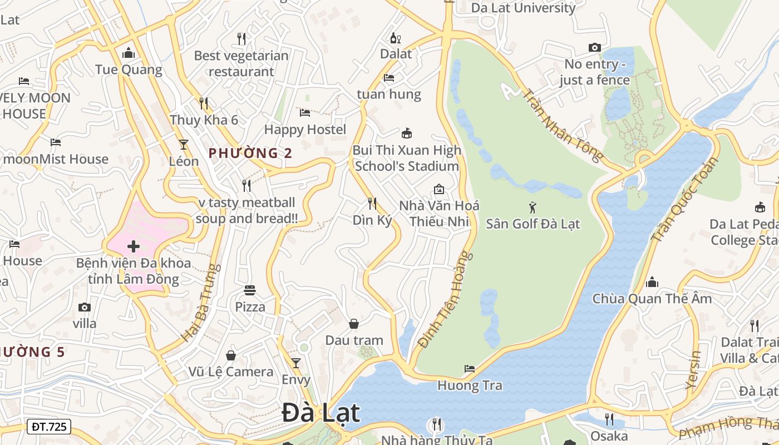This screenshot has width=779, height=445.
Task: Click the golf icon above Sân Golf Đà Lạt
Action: (x=533, y=207)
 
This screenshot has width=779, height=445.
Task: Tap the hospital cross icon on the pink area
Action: (x=134, y=246)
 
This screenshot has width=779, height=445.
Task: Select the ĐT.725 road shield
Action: (x=49, y=427)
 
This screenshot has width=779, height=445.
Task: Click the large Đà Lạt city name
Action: (x=321, y=413)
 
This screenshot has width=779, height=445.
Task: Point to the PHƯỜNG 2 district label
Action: (x=250, y=153)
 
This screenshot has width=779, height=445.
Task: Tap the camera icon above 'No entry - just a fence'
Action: (x=595, y=48)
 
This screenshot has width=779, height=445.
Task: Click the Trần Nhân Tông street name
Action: (x=563, y=125)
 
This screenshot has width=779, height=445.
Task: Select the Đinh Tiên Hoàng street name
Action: (x=445, y=300)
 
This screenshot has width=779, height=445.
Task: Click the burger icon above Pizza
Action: (x=250, y=290)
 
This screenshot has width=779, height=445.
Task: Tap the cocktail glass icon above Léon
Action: (x=184, y=145)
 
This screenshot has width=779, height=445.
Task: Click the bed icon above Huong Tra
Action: (x=470, y=369)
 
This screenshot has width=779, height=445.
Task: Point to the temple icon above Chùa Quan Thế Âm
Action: (x=652, y=283)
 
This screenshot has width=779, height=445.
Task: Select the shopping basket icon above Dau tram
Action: (x=354, y=324)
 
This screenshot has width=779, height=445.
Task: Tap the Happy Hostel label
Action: (x=305, y=130)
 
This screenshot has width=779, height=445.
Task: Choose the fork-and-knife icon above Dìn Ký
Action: (x=372, y=204)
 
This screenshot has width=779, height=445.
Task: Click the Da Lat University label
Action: (x=523, y=8)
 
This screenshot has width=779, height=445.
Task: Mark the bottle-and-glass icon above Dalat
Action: (x=396, y=38)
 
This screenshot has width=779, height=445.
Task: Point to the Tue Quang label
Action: (x=129, y=70)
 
